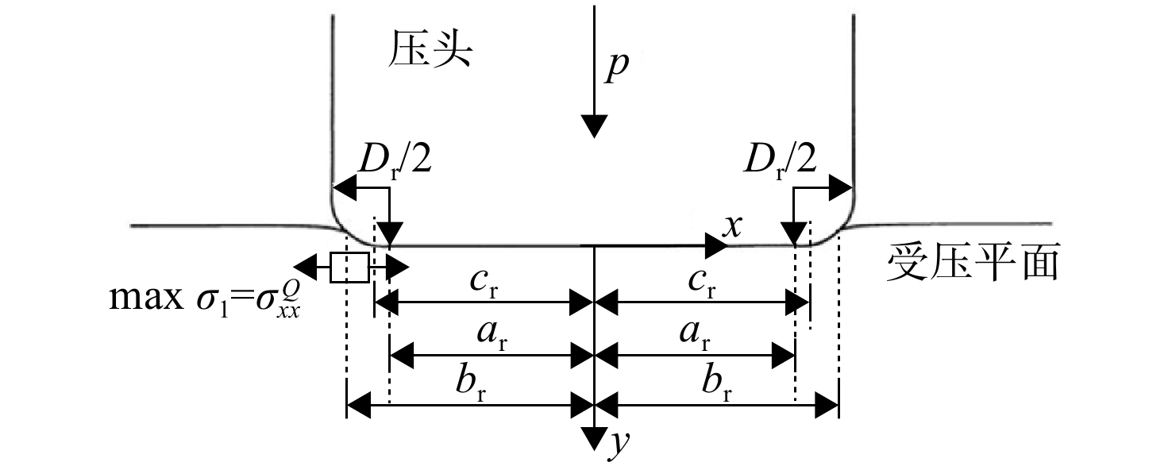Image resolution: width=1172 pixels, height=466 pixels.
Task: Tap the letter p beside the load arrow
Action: (x=617, y=66)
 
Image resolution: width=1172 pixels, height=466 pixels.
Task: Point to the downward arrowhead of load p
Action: (x=594, y=126)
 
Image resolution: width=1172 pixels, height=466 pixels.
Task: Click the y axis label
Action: (x=620, y=442)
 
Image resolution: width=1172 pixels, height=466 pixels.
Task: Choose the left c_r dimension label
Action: (x=484, y=283)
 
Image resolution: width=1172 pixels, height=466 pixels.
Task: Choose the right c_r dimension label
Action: (x=702, y=283)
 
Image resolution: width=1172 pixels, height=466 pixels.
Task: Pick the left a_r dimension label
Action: (x=492, y=335)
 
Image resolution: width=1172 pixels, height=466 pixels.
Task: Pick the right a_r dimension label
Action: (x=695, y=335)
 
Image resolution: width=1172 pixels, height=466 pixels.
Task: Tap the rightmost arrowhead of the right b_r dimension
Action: (x=827, y=406)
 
